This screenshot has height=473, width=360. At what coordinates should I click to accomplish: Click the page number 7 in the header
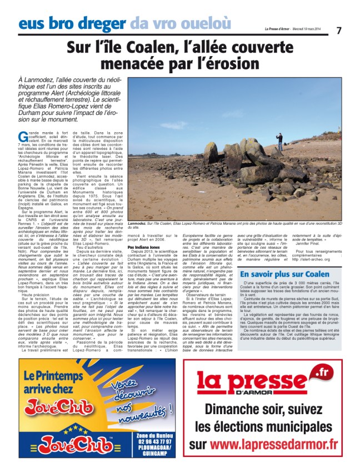point(339,30)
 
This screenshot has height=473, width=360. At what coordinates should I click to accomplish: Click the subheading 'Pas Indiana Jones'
point(146,246)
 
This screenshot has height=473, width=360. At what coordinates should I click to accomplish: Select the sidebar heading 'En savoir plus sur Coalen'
point(284,274)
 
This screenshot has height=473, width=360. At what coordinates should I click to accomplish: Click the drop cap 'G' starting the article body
point(22,135)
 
